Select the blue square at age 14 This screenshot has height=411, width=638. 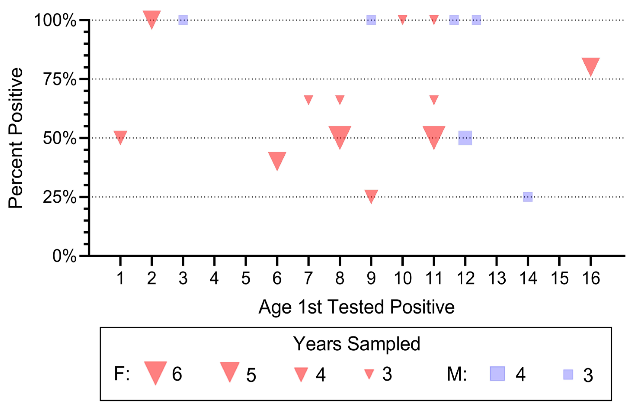(x=528, y=197)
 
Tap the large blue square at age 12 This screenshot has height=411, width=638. (x=465, y=138)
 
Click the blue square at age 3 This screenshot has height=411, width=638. (x=183, y=20)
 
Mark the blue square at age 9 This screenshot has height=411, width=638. (x=371, y=20)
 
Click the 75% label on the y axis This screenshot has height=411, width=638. (x=60, y=79)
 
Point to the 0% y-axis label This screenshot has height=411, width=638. (x=64, y=256)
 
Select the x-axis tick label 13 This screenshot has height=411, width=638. (x=497, y=278)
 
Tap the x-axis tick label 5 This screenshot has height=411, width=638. (x=245, y=278)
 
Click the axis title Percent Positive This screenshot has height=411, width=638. (x=16, y=138)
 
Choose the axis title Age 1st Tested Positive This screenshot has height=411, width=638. (x=356, y=307)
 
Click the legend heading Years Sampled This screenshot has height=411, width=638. (x=356, y=344)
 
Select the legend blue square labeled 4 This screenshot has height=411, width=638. (x=497, y=374)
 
